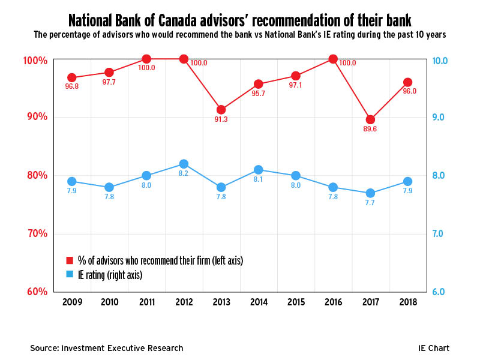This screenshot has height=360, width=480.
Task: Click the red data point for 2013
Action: tap(221, 110)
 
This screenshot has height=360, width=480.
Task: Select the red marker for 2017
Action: tap(370, 119)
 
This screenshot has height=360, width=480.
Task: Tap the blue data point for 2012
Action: tap(184, 164)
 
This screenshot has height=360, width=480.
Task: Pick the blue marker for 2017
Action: tap(370, 193)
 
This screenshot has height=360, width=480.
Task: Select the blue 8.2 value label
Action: tap(184, 174)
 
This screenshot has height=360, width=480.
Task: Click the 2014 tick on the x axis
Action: tap(258, 302)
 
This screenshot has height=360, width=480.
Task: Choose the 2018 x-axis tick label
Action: tap(407, 302)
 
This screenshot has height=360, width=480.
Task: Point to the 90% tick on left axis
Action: tap(37, 117)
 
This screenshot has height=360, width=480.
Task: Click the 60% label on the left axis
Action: tap(37, 292)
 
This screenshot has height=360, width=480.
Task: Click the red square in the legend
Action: tap(70, 260)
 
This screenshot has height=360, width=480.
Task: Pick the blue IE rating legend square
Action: tap(70, 275)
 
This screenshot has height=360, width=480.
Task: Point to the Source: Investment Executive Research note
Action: tap(107, 348)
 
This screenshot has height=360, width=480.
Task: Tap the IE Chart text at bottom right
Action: tap(434, 348)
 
